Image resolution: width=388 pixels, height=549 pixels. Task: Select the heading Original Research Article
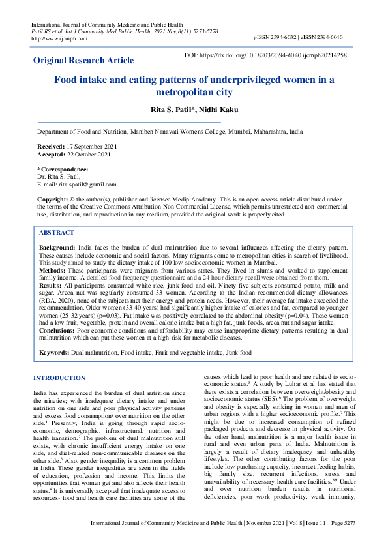(83, 61)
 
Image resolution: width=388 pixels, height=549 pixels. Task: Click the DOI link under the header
(274, 56)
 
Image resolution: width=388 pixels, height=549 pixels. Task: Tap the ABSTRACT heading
(56, 233)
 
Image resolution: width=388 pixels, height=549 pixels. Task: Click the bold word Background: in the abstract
(57, 249)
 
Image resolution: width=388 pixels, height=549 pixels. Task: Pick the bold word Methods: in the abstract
(52, 271)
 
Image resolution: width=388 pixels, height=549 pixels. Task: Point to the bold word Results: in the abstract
(50, 285)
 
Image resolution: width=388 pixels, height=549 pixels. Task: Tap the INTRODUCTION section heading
(59, 378)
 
